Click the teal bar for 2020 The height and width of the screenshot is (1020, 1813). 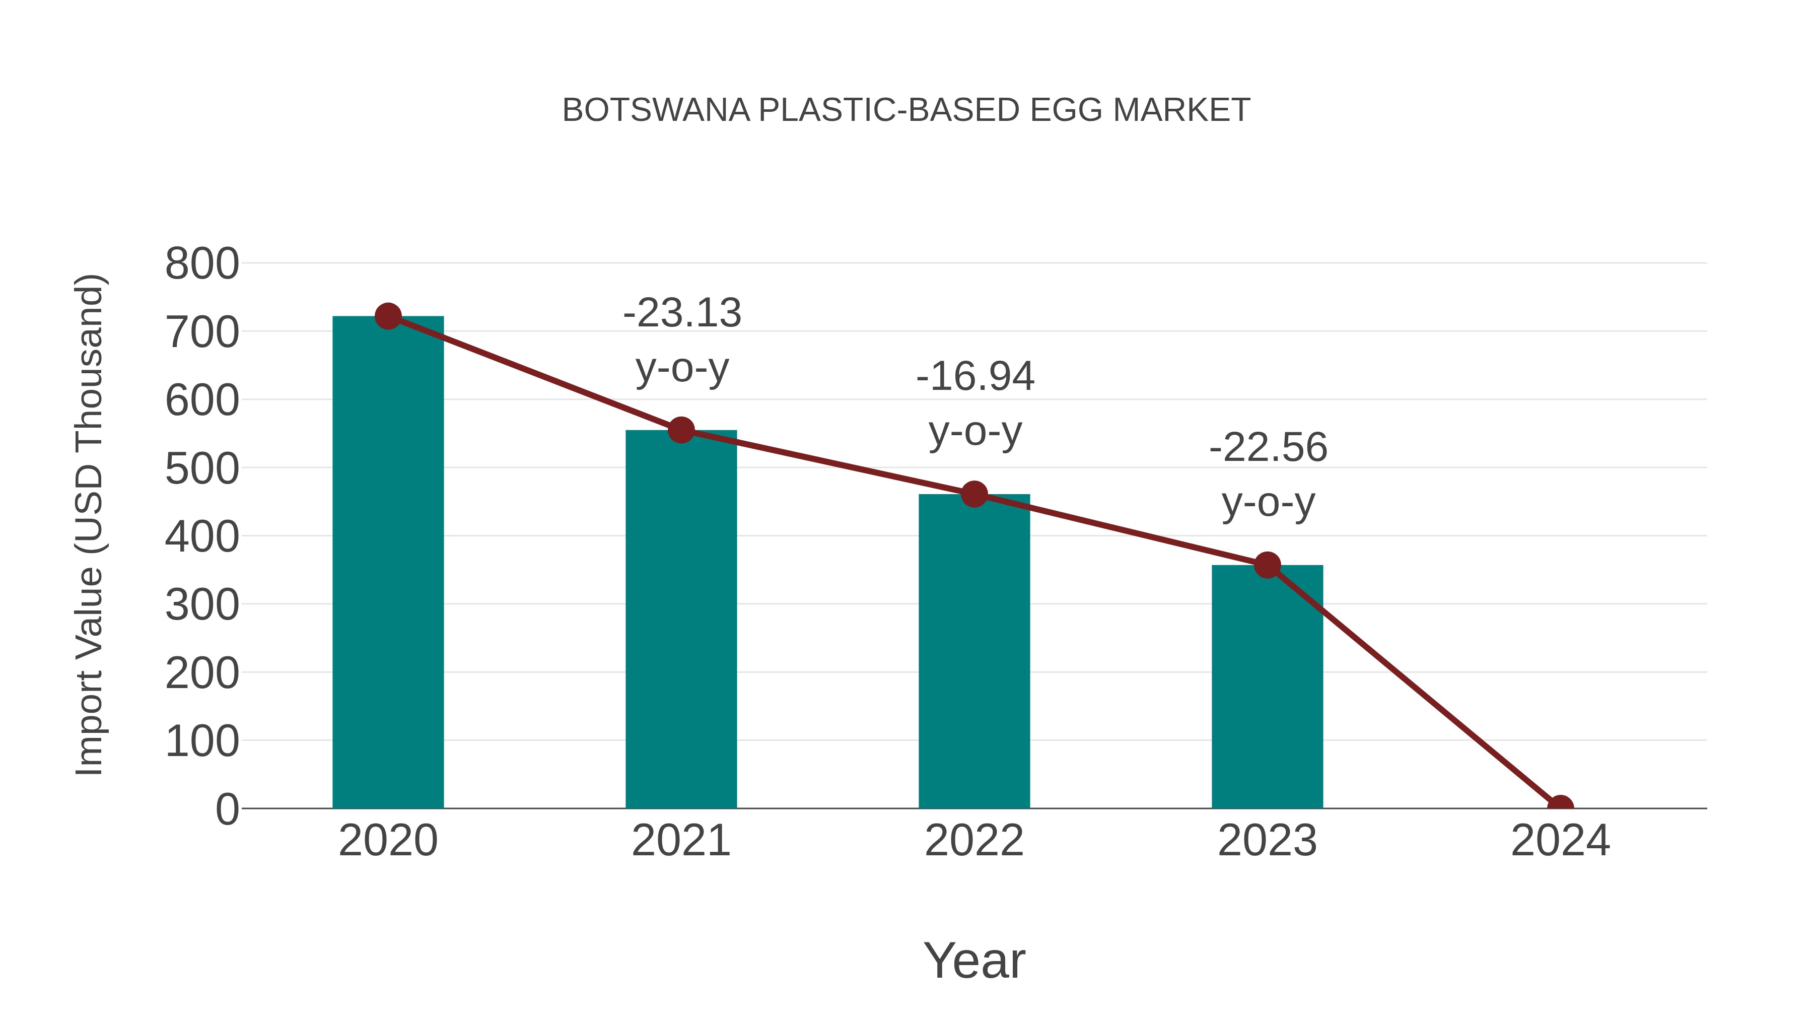pos(388,563)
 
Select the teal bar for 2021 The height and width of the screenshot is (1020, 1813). pos(680,620)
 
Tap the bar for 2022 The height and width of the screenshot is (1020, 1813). pos(974,651)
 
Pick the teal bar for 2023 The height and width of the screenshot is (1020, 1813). pos(1267,687)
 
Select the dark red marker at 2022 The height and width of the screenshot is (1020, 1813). pos(974,494)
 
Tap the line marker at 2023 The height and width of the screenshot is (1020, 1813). pos(1267,565)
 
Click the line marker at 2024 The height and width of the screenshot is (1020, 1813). pos(1560,807)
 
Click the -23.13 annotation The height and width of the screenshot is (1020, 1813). pos(682,313)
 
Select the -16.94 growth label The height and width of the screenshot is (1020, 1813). pos(975,377)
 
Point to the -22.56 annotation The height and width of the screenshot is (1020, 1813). pos(1268,448)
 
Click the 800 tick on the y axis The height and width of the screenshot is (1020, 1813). pos(202,264)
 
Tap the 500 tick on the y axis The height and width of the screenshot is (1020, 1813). pos(202,469)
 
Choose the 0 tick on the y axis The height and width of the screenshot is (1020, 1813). pos(227,809)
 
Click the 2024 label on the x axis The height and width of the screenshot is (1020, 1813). pos(1560,841)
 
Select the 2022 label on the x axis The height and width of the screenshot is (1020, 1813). pos(974,841)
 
